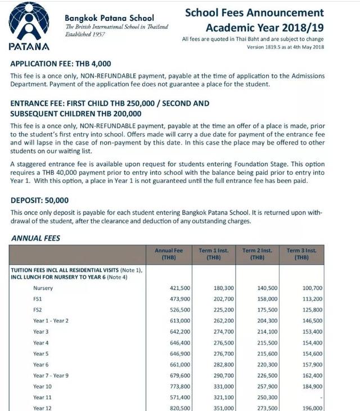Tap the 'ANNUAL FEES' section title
(x=35, y=238)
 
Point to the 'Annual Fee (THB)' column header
(x=169, y=254)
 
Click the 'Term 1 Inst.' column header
(x=213, y=254)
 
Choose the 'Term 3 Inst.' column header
(x=301, y=254)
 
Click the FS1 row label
(x=38, y=299)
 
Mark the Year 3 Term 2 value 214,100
(x=267, y=332)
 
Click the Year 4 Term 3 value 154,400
(x=312, y=342)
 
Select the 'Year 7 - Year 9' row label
(x=51, y=375)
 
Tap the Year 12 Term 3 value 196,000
(x=312, y=408)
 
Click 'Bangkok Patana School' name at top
(x=109, y=18)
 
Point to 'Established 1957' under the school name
(x=84, y=34)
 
